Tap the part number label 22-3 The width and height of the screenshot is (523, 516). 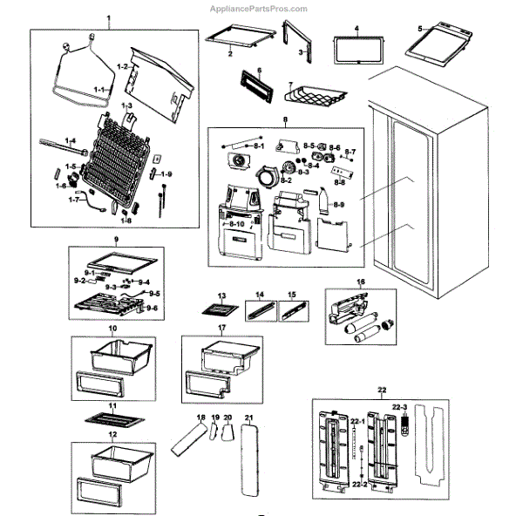400,406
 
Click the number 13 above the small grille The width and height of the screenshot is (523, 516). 221,296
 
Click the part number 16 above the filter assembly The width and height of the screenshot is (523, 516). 360,282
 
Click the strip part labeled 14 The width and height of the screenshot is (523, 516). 259,309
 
